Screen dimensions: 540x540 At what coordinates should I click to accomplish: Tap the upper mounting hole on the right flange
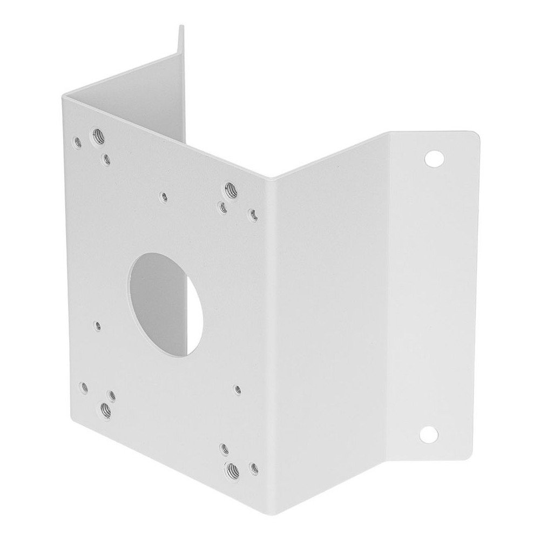[x=433, y=158]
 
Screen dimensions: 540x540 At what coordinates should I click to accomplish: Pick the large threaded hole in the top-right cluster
[x=230, y=188]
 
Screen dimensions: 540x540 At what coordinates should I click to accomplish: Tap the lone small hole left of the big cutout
[x=97, y=326]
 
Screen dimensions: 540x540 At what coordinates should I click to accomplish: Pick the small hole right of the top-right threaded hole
[x=252, y=215]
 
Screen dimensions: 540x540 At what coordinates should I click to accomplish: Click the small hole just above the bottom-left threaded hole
[x=112, y=395]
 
